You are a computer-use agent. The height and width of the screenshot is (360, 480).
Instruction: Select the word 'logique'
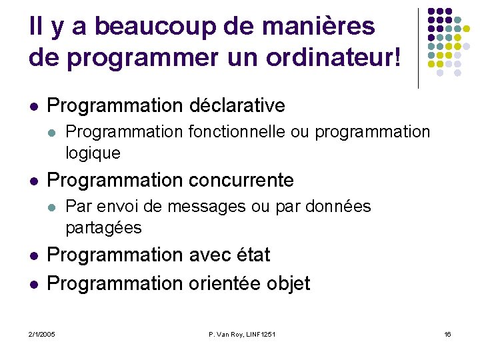click(x=93, y=153)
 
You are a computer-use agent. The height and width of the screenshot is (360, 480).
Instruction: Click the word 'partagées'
click(x=103, y=228)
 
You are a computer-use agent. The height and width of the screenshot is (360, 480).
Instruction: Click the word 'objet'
click(x=288, y=283)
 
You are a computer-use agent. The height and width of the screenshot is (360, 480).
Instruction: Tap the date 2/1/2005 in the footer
click(x=42, y=333)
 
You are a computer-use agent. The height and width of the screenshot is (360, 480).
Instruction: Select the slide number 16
click(x=447, y=333)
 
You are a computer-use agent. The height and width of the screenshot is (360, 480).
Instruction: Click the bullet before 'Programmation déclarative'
click(x=33, y=106)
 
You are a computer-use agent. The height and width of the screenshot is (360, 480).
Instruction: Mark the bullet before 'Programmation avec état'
click(x=33, y=255)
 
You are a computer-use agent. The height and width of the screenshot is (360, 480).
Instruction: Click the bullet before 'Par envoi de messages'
click(x=51, y=207)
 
